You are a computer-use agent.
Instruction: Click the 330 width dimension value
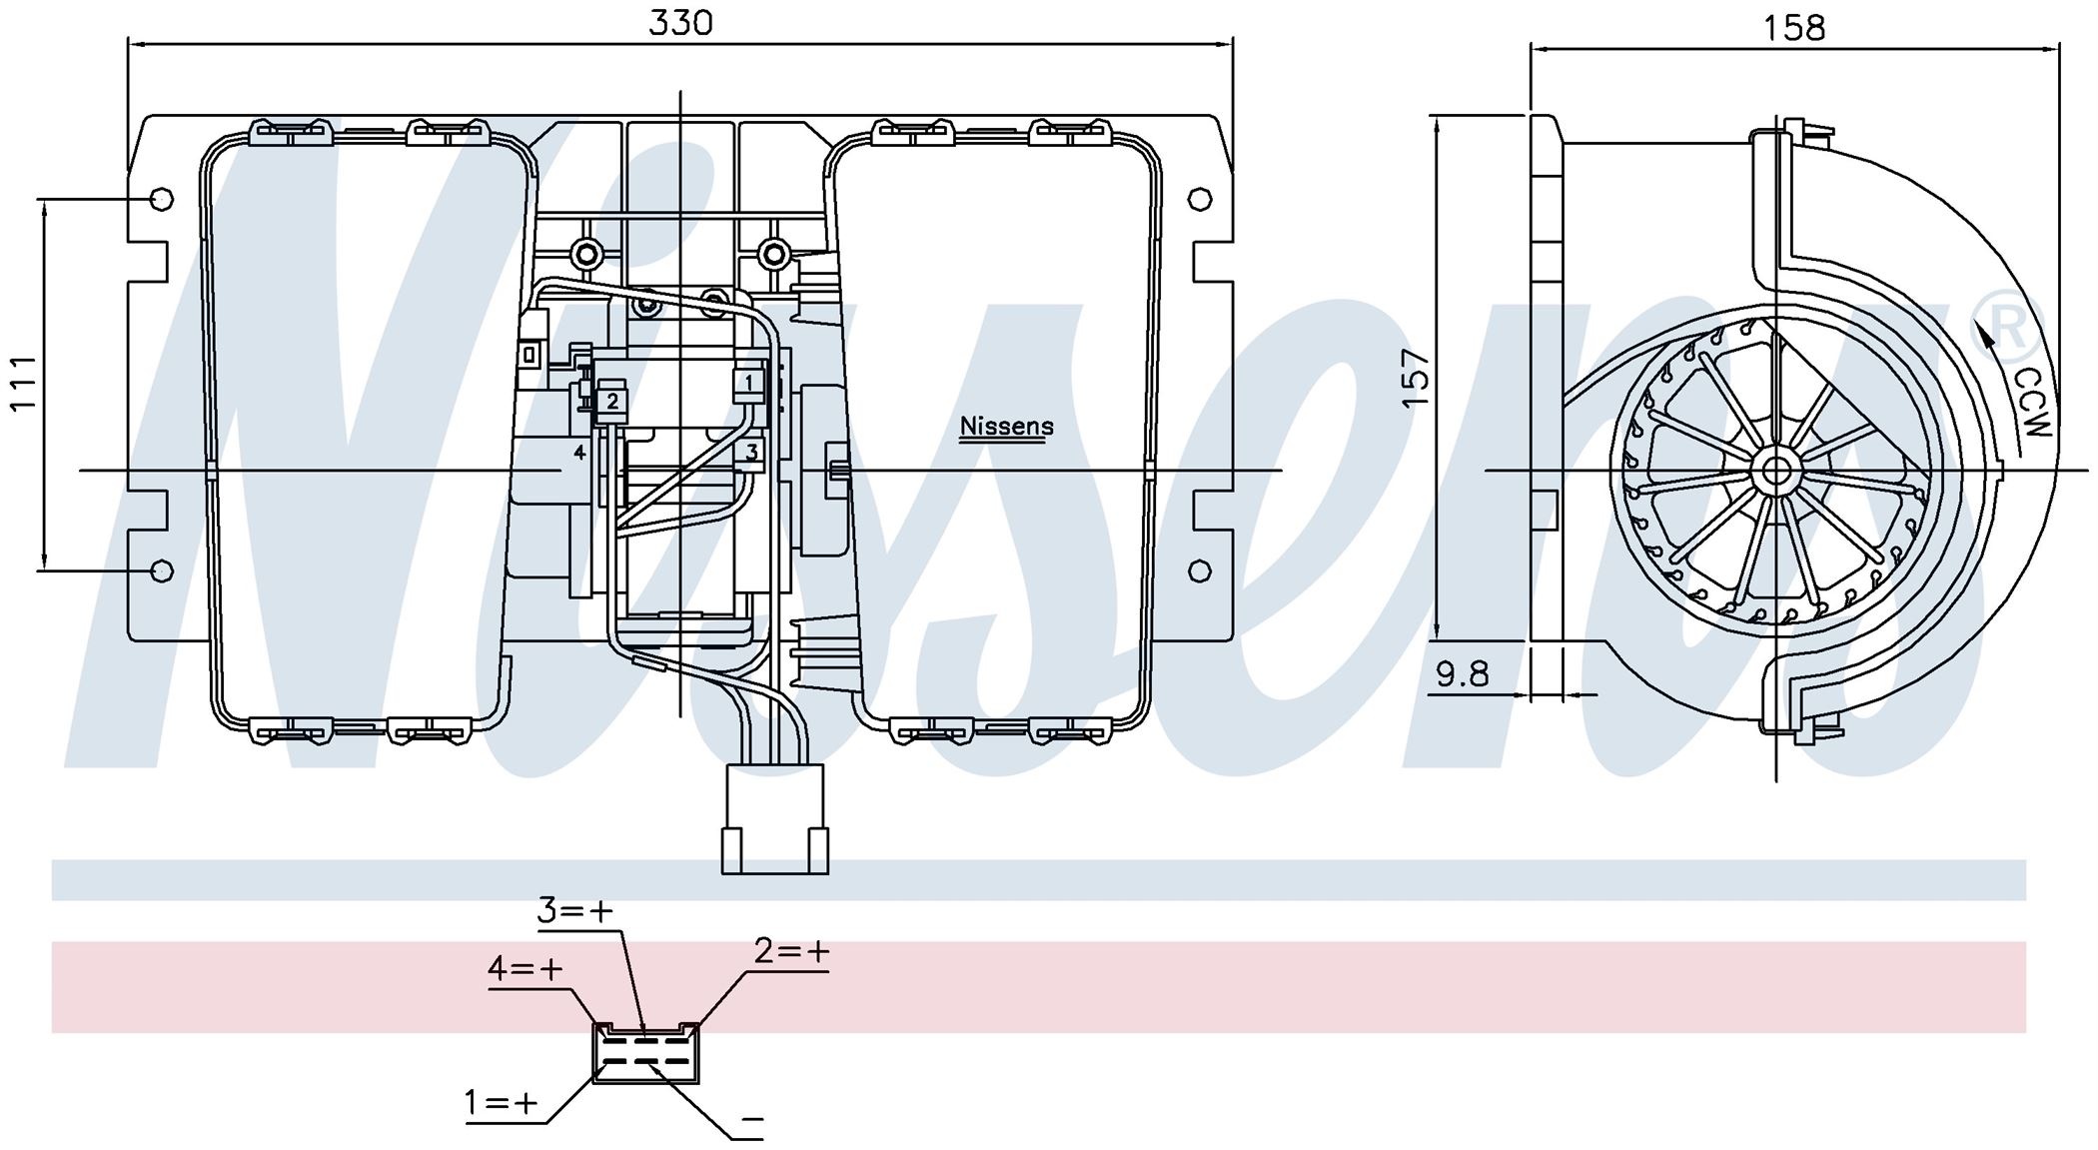point(680,22)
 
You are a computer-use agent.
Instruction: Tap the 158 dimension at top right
point(1794,27)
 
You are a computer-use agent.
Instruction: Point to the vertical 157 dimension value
point(1416,377)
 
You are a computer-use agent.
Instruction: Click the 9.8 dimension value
point(1463,674)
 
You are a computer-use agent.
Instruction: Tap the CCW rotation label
point(2032,403)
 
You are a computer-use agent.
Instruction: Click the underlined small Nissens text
point(1006,427)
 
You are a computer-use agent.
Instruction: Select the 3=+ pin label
point(574,910)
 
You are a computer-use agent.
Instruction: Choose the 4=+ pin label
point(525,968)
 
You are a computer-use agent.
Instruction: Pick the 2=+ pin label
point(791,951)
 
